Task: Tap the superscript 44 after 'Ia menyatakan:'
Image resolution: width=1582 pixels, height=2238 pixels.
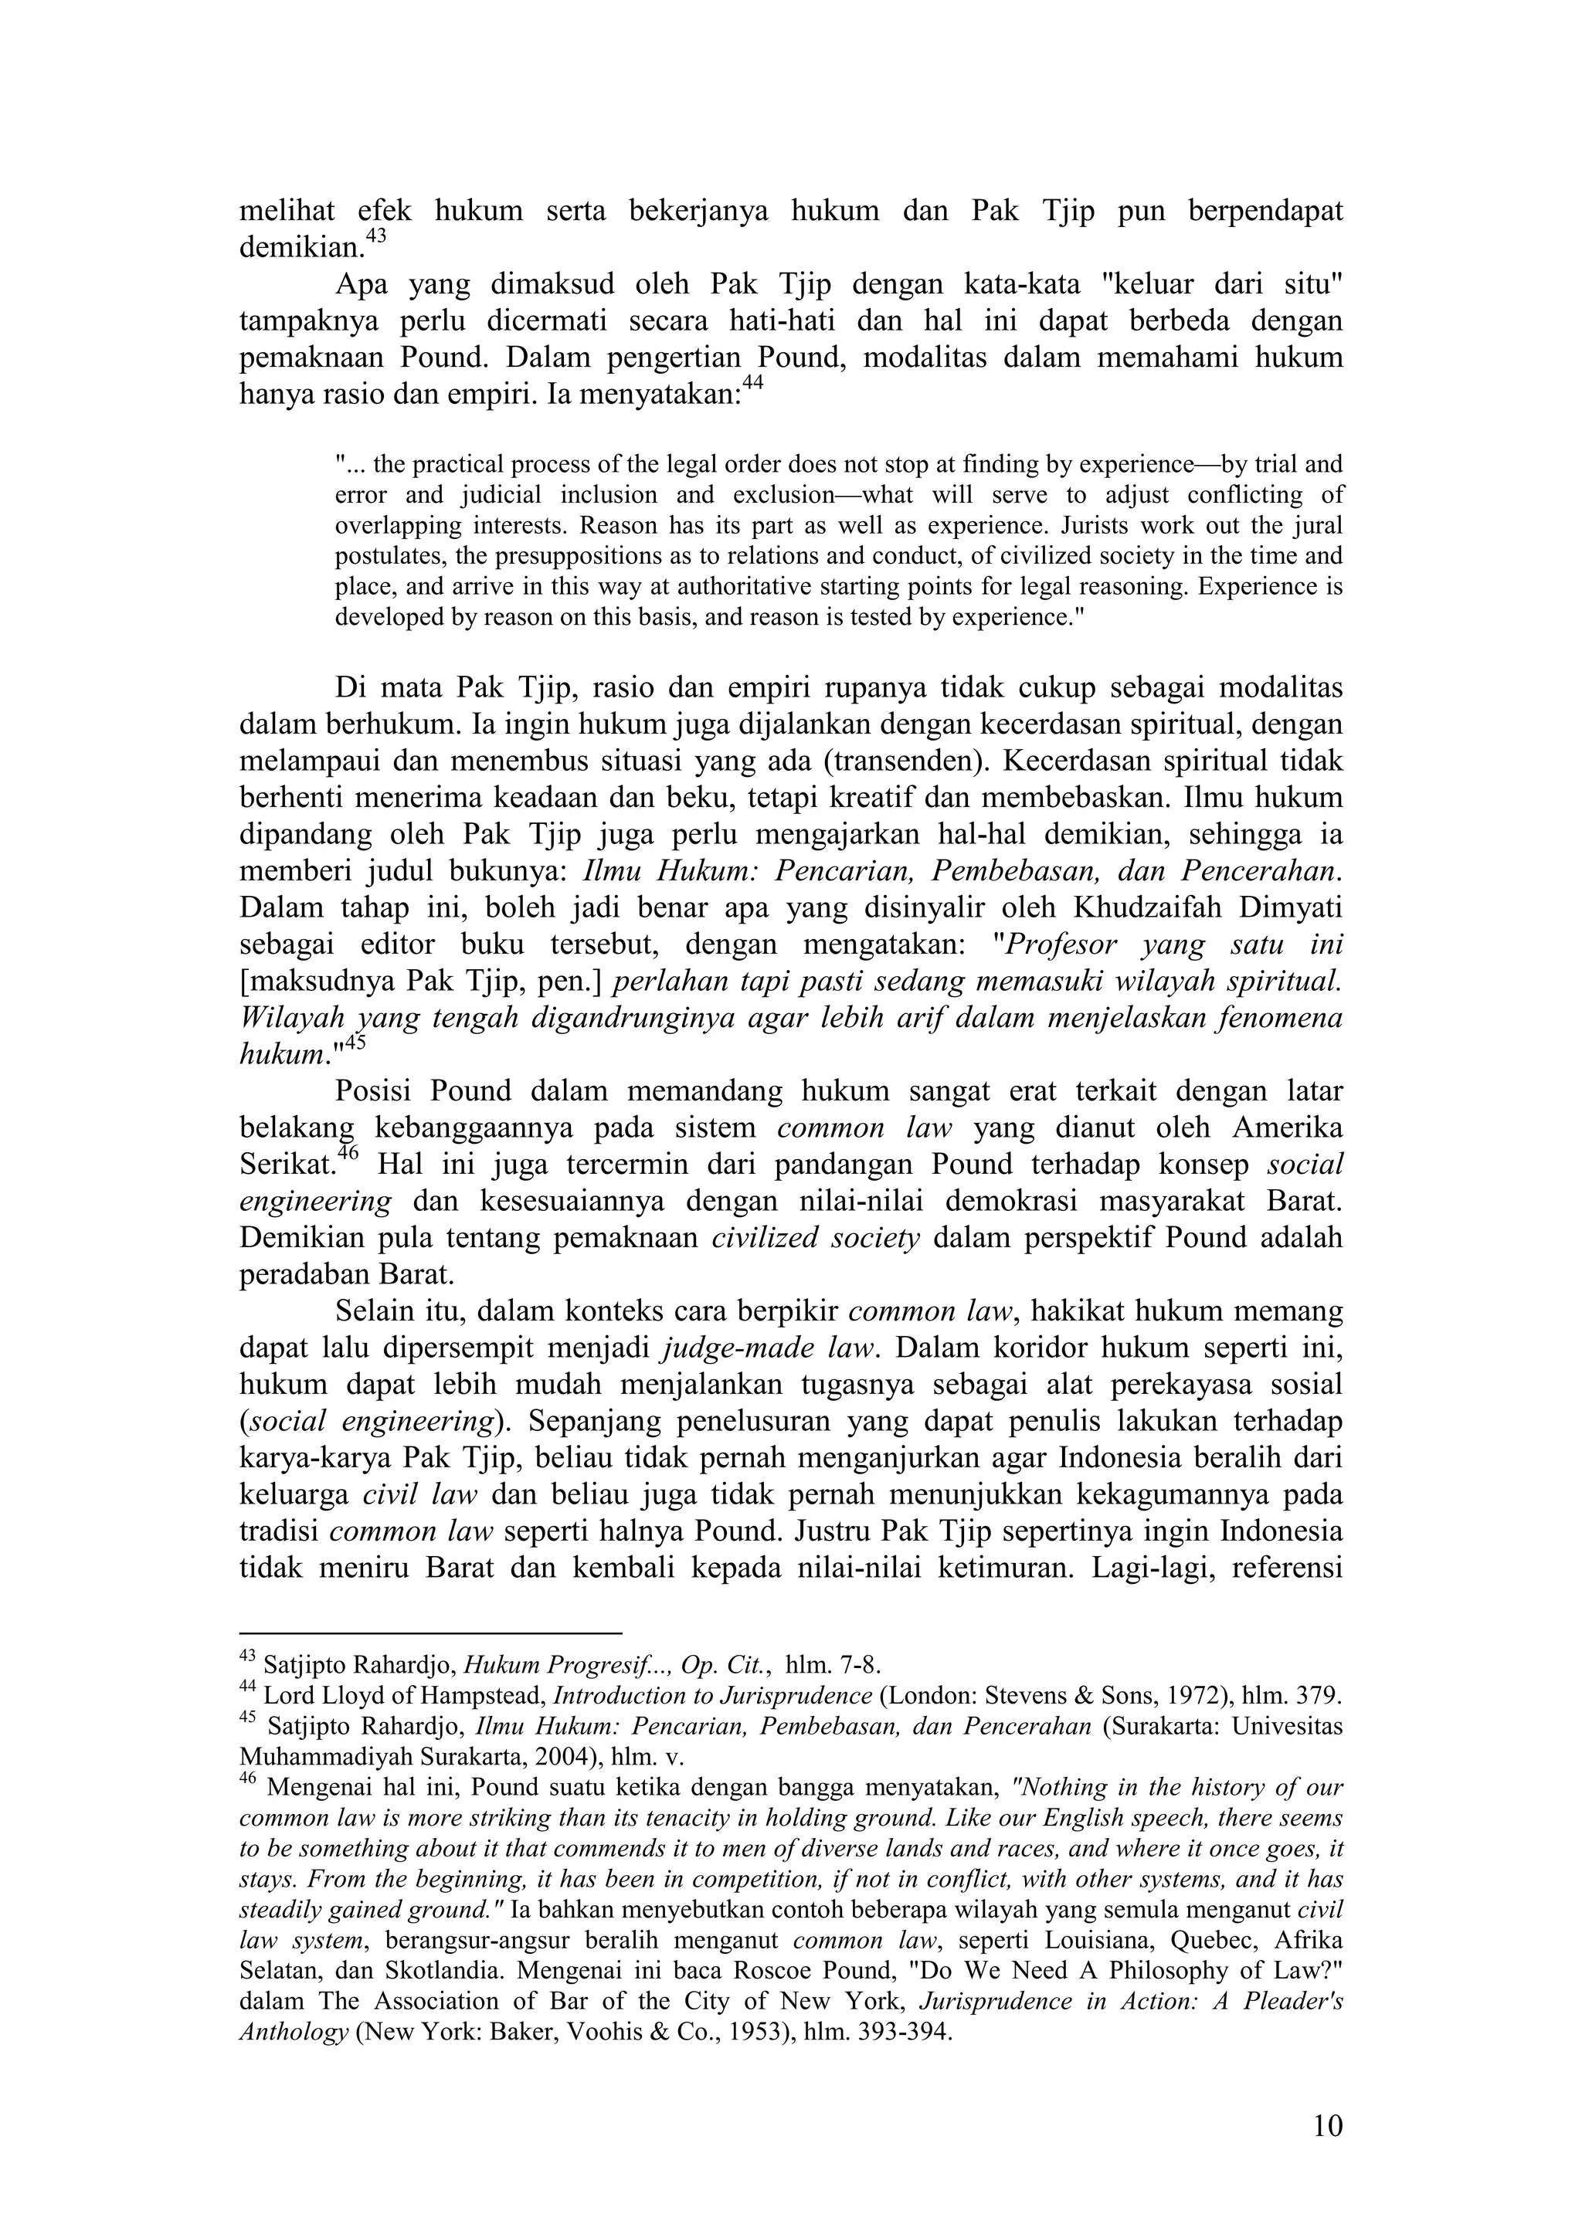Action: point(752,384)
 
